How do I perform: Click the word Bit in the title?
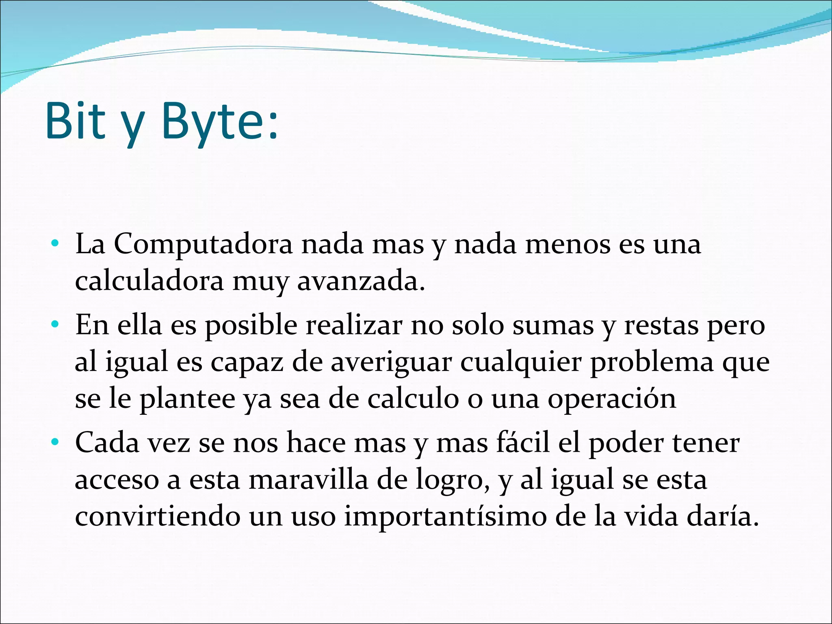[x=76, y=121]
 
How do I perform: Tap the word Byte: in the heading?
[x=219, y=121]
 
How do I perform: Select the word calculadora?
[x=149, y=281]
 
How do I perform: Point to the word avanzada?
[x=361, y=281]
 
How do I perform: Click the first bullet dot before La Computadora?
[x=55, y=244]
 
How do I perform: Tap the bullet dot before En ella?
[x=55, y=325]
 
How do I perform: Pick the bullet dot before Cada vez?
[x=55, y=442]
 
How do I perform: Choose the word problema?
[x=651, y=362]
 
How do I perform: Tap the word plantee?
[x=187, y=399]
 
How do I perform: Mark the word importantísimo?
[x=445, y=516]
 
